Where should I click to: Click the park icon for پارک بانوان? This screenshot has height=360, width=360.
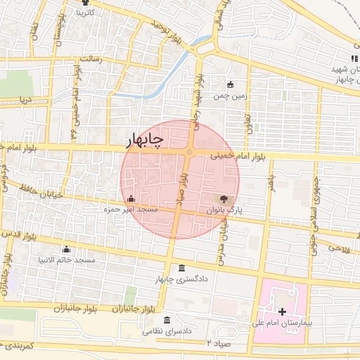[x=224, y=200]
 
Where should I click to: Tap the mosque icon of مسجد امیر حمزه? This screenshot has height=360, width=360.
[x=131, y=200]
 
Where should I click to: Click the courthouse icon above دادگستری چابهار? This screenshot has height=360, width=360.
[x=183, y=269]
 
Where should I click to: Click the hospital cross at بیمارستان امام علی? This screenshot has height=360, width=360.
[x=282, y=311]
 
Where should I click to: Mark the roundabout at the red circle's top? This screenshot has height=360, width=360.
[x=189, y=152]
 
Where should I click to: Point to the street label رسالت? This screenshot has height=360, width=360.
[x=92, y=59]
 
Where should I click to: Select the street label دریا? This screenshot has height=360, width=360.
[x=25, y=100]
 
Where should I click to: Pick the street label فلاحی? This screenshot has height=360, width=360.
[x=337, y=248]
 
